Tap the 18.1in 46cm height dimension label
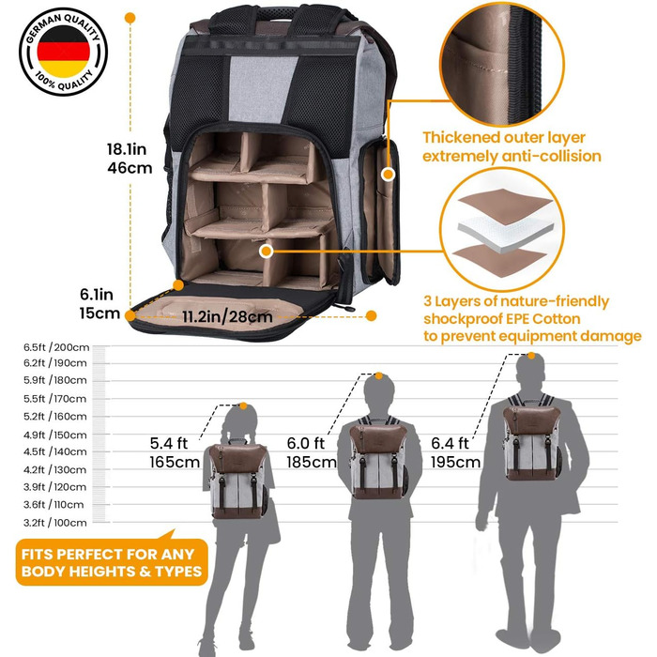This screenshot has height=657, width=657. point(130,157)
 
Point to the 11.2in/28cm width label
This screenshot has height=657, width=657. point(227,315)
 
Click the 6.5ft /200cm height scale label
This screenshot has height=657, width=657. point(55,347)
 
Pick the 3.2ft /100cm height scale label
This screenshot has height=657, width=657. point(55,522)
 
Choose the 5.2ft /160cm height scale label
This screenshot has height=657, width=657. point(55,417)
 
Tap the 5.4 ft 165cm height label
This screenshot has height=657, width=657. point(174,452)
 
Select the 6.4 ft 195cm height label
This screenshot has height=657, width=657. point(455,452)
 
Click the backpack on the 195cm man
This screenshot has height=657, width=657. point(531,437)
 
